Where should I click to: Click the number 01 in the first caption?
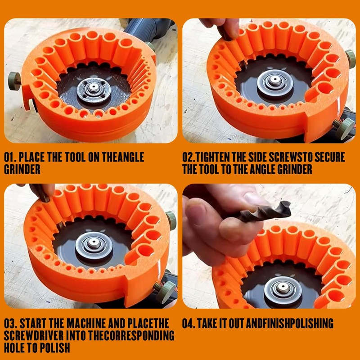(9, 157)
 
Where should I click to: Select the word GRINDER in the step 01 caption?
(22, 170)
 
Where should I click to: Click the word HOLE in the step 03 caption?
(14, 348)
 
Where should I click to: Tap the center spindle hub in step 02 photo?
(273, 84)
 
